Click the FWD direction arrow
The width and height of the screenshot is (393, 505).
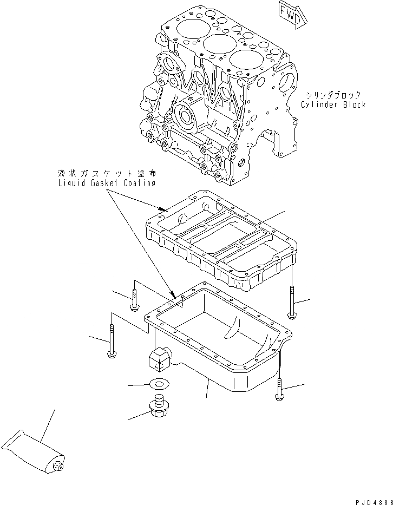coord(293,13)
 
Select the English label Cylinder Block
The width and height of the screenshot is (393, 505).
coord(333,104)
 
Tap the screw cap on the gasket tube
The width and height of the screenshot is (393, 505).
coord(59,465)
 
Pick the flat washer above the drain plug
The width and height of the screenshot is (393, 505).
coord(158,384)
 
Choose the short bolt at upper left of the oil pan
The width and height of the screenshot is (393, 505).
coord(134,300)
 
